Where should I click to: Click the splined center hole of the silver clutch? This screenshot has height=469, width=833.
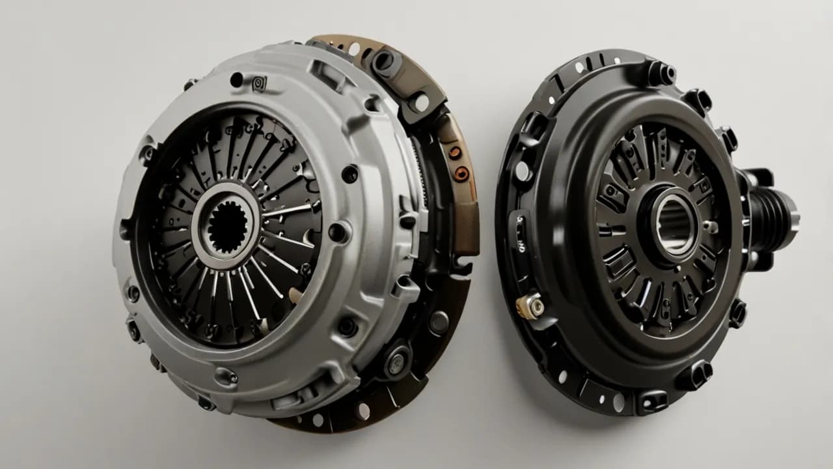coord(228,227)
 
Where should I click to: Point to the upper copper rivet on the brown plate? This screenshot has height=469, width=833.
coord(456,152)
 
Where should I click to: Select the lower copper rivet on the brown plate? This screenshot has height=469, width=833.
coord(463,173)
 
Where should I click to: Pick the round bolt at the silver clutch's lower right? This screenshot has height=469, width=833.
coord(394,363)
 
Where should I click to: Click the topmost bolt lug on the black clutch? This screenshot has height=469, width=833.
coord(660,74)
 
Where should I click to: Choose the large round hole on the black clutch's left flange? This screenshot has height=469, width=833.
coord(521,171)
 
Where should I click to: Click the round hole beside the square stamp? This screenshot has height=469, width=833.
coord(236,80)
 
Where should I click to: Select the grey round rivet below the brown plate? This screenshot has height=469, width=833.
coord(439,322)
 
